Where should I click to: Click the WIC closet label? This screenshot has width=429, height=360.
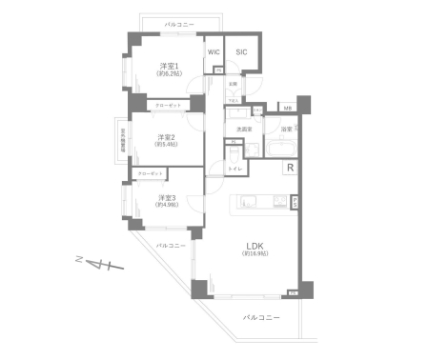pyautogui.click(x=214, y=51)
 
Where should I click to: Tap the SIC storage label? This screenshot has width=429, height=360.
pyautogui.click(x=241, y=51)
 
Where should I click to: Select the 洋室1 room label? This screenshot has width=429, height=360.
pyautogui.click(x=169, y=68)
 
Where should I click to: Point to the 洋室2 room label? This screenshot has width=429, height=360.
pyautogui.click(x=166, y=138)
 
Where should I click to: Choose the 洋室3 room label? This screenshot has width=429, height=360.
pyautogui.click(x=168, y=199)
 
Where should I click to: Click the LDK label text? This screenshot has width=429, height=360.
pyautogui.click(x=253, y=243)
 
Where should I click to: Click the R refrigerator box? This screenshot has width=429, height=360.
pyautogui.click(x=290, y=169)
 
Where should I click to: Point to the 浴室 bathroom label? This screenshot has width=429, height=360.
pyautogui.click(x=285, y=128)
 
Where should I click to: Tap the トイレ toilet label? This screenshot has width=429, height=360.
pyautogui.click(x=235, y=168)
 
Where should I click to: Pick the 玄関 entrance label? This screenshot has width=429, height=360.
pyautogui.click(x=233, y=84)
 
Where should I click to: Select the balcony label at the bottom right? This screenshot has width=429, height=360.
pyautogui.click(x=260, y=317)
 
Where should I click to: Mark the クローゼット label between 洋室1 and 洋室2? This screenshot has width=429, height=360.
pyautogui.click(x=167, y=106)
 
